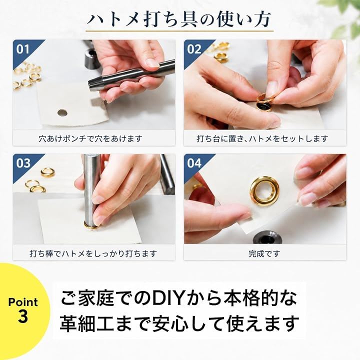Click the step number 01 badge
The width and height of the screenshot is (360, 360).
click(x=23, y=49)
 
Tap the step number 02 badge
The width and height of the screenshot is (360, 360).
click(x=194, y=49)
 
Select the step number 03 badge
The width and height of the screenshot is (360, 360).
click(x=23, y=163)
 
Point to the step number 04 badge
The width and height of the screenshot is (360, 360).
click(x=194, y=163)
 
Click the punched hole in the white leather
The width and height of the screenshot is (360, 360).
click(x=62, y=112)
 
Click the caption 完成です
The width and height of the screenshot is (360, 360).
click(x=264, y=253)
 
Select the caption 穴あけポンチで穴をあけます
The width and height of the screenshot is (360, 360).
click(x=90, y=138)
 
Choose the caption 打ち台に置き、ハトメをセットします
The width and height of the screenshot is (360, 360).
click(x=262, y=138)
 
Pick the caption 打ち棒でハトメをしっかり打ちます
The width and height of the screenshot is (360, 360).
click(x=93, y=253)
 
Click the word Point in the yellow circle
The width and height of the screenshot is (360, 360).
click(x=23, y=302)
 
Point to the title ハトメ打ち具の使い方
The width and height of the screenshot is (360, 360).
click(x=179, y=19)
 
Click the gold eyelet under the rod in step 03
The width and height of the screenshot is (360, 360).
click(x=92, y=225)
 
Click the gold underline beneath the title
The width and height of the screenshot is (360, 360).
click(x=179, y=31)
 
